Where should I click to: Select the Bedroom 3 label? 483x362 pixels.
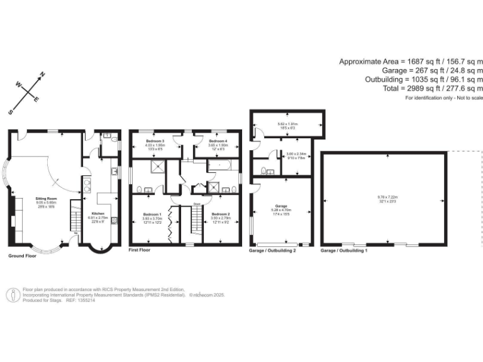155,141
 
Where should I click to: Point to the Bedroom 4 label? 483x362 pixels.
218,141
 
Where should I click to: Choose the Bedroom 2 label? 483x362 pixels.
221,214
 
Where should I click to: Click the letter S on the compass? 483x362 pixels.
11,112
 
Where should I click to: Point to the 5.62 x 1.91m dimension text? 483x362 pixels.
288,124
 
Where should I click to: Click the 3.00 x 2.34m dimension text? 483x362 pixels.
295,154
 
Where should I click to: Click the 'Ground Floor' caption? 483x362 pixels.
23,256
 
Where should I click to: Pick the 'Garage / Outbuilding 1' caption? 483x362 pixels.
344,250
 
